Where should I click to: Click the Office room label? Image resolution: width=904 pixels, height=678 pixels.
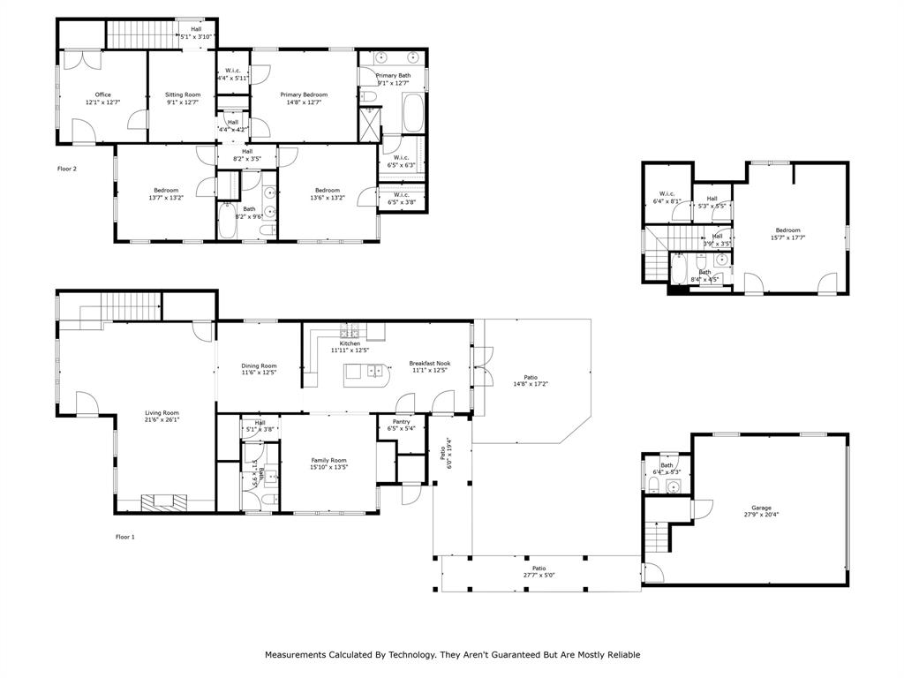tap(103, 94)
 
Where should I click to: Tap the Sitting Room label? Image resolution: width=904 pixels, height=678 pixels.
tap(184, 94)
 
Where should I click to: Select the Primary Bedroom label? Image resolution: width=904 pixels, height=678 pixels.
tap(304, 94)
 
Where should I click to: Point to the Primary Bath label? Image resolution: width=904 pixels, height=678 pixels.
tap(393, 76)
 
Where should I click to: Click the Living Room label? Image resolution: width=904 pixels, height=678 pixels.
tap(162, 412)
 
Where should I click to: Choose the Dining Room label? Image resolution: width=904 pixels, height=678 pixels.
tap(260, 365)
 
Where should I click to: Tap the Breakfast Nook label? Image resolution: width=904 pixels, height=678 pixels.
tap(430, 363)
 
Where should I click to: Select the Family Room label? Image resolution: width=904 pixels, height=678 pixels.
tap(328, 460)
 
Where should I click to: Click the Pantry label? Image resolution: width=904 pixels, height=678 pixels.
tap(402, 422)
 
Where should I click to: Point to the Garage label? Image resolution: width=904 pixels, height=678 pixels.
tap(761, 508)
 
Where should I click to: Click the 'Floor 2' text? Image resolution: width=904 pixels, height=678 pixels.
tap(67, 168)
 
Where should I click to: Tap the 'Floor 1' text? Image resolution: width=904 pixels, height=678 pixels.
tap(125, 536)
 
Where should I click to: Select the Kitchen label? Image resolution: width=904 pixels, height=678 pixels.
tap(350, 343)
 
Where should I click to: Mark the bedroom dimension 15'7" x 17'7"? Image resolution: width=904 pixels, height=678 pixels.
tap(787, 237)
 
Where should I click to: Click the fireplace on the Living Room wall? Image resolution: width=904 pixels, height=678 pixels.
tap(164, 502)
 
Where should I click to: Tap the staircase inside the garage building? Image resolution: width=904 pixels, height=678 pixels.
tap(656, 535)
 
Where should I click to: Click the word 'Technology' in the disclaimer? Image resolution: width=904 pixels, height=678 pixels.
tap(411, 655)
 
